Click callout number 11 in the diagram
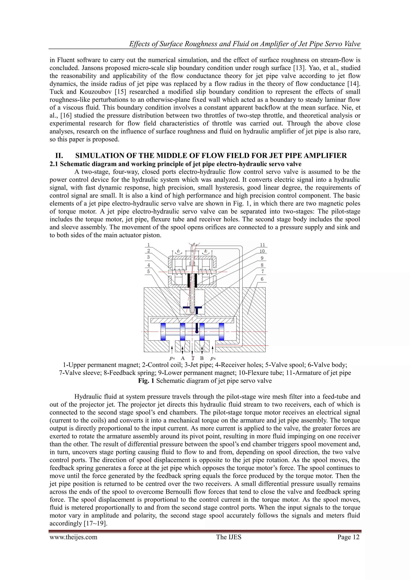(262, 245)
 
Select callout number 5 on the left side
(149, 271)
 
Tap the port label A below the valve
(183, 358)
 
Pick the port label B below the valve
(202, 358)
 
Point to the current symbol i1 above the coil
(179, 251)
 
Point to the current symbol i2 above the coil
(206, 251)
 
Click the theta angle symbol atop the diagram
(194, 244)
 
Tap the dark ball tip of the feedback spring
(197, 332)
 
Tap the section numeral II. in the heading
(59, 156)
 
